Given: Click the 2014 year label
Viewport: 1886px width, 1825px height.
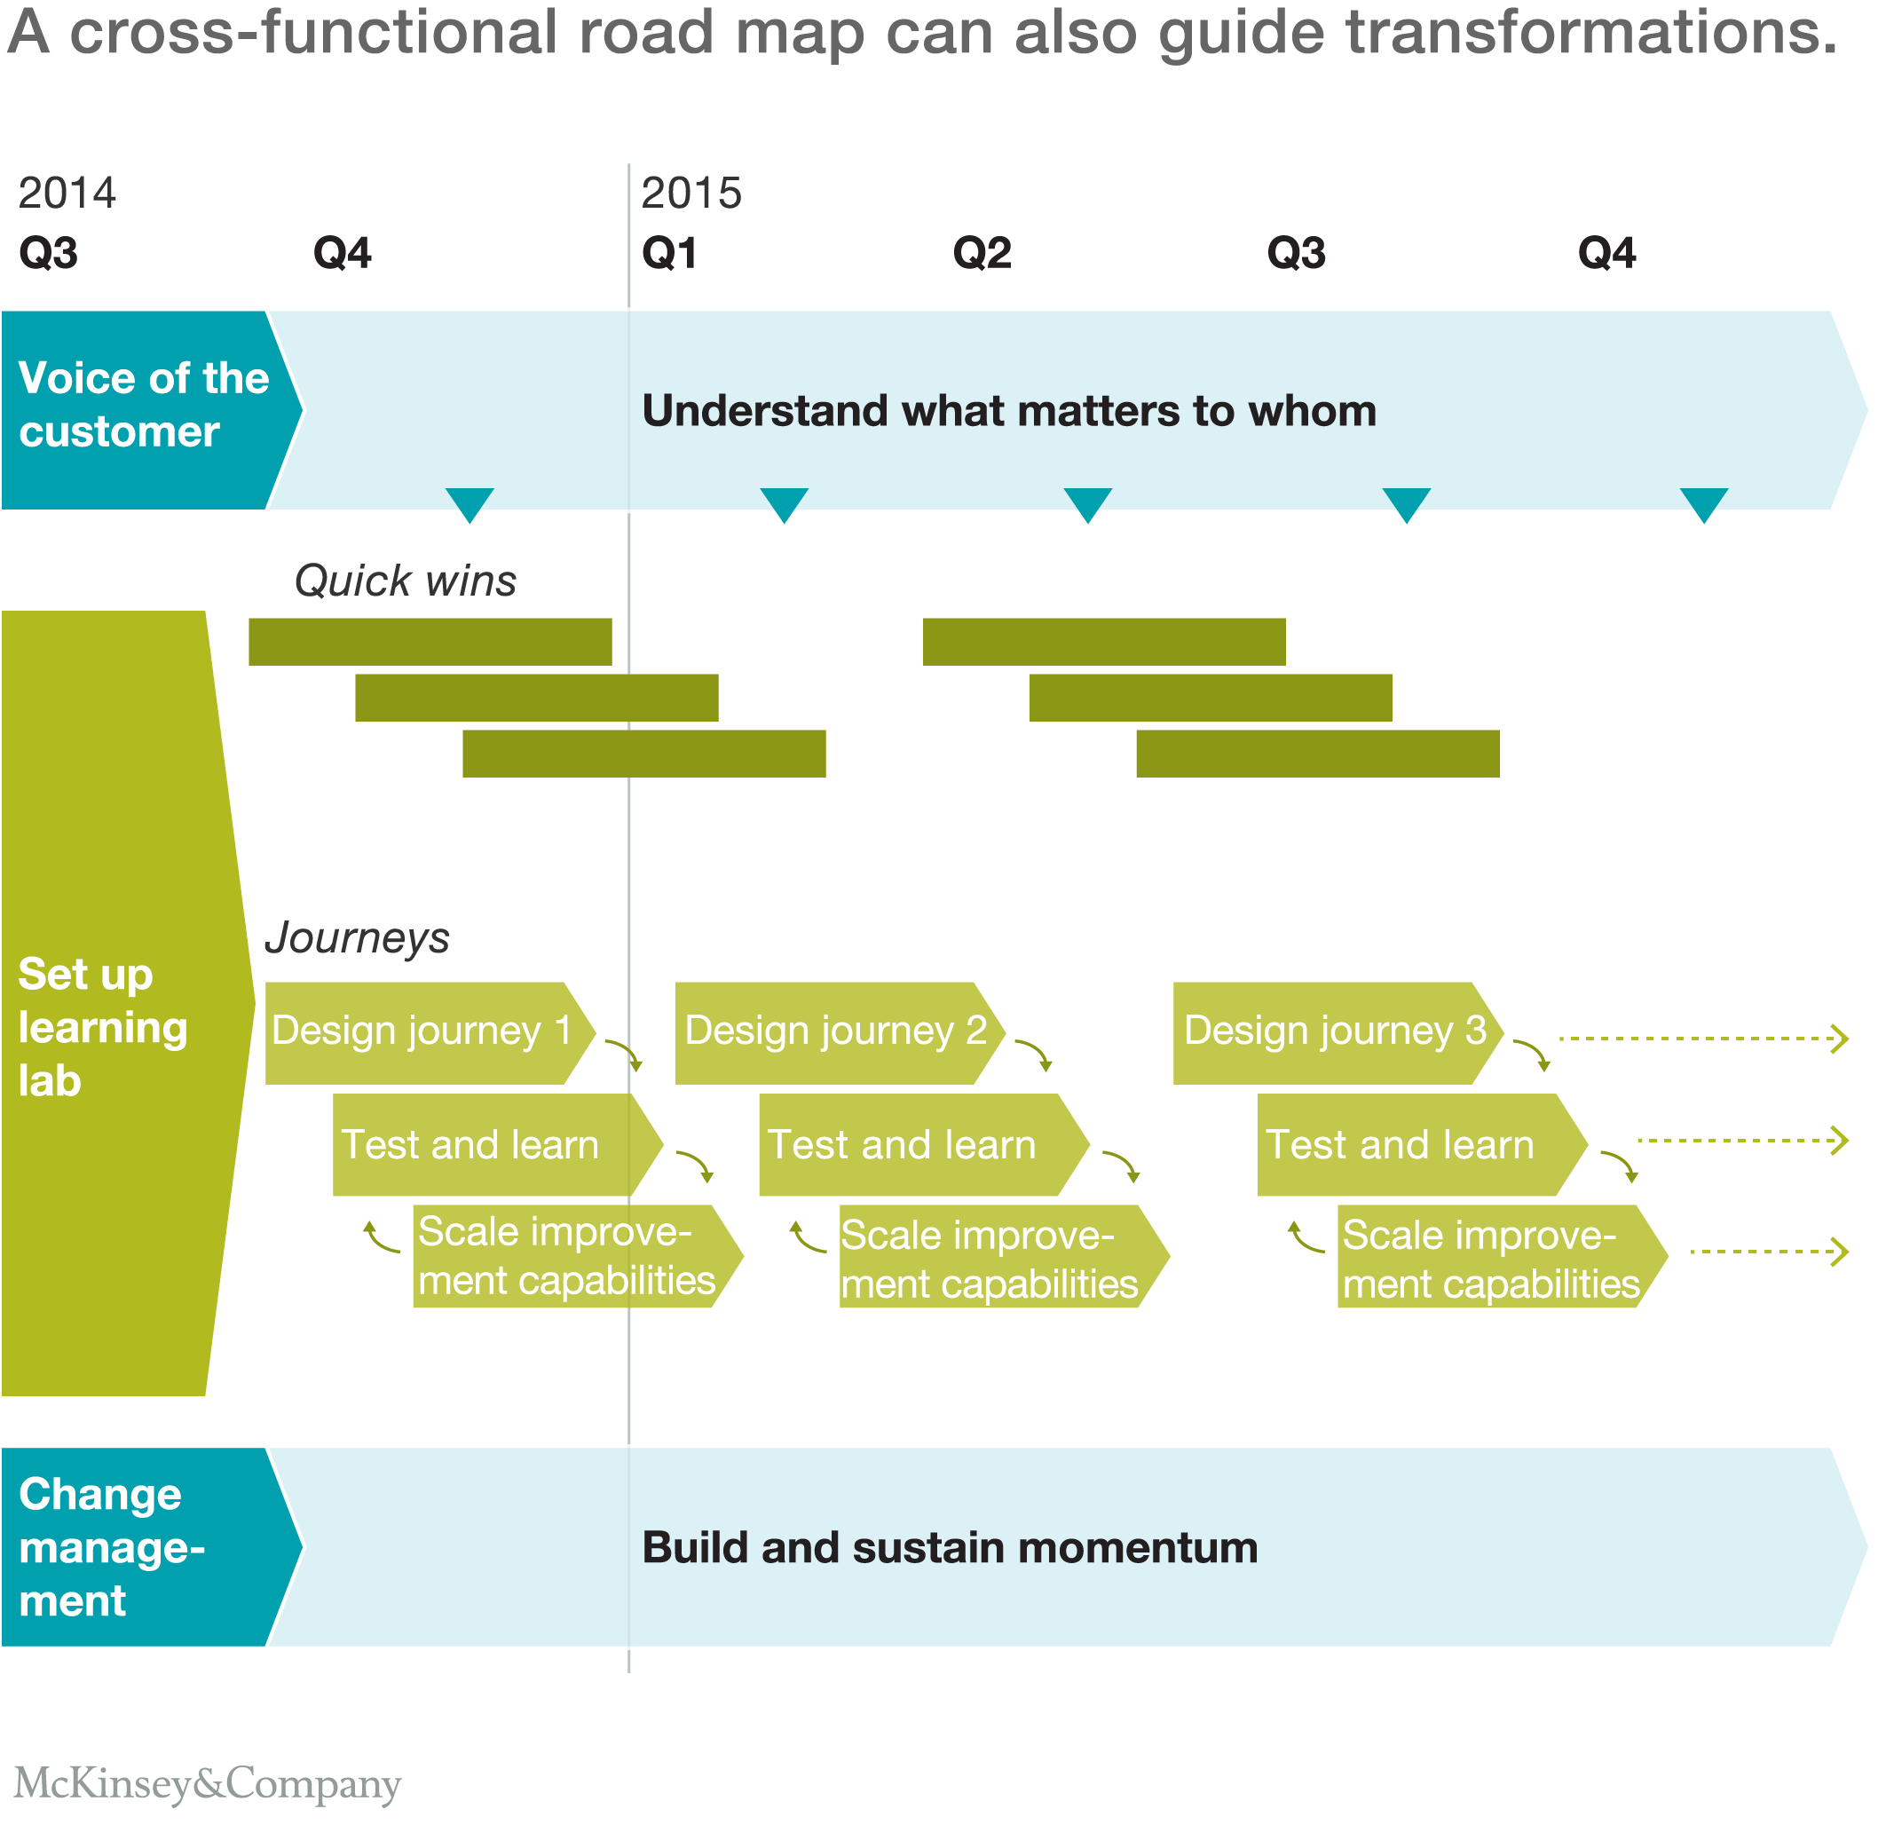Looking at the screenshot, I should pos(67,193).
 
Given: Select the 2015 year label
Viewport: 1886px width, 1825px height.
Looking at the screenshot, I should pos(690,193).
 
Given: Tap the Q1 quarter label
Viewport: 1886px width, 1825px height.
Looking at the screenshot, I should pos(670,253).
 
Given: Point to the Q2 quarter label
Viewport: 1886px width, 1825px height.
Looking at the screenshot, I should pos(982,253).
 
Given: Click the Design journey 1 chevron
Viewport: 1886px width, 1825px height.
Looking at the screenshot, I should pos(423,1031).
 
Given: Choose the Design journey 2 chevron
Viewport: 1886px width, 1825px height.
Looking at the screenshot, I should pos(835,1031).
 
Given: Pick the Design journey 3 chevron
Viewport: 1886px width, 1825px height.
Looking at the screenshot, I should pos(1334,1031).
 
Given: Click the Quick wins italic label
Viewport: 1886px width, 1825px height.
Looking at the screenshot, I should pos(405,581).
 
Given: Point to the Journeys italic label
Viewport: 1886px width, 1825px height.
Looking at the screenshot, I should pos(357,937).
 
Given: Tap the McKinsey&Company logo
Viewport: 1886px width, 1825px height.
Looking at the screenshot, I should pos(207,1782).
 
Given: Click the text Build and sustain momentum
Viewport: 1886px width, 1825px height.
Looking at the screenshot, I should pos(950,1548).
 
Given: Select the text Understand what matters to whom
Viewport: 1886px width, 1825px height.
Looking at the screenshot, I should pos(1009,411).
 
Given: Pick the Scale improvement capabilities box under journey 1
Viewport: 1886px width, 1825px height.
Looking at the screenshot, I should pos(568,1256).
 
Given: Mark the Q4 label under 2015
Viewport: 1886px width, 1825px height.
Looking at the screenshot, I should pos(1606,253).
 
